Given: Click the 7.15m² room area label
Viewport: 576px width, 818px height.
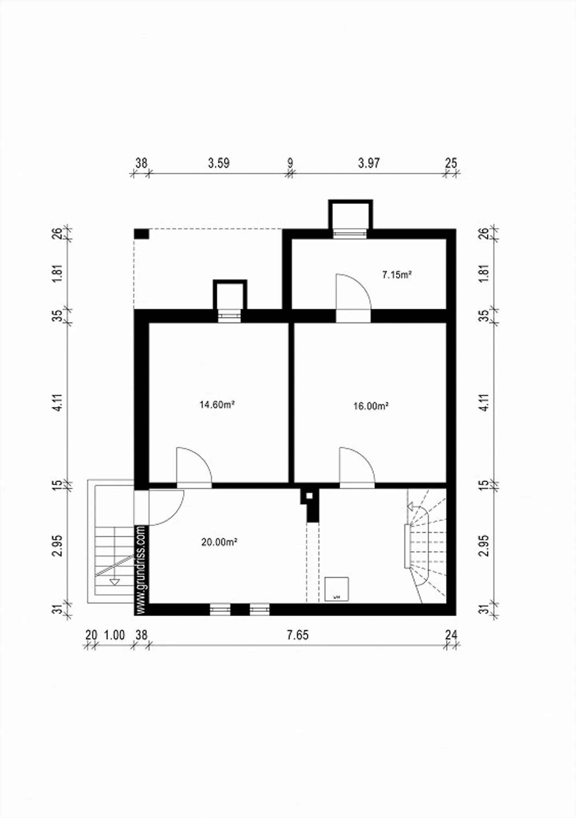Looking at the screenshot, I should click(x=397, y=275).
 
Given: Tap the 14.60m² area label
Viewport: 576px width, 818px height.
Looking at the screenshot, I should click(x=217, y=405).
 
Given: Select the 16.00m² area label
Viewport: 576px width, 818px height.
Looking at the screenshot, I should click(x=371, y=406).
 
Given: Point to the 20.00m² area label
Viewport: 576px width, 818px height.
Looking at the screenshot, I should click(x=219, y=542).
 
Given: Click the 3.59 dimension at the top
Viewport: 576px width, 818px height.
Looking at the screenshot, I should click(x=218, y=163).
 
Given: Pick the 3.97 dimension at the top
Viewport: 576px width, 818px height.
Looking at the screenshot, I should click(x=368, y=163).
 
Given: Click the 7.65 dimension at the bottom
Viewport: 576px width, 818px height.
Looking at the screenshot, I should click(x=298, y=635).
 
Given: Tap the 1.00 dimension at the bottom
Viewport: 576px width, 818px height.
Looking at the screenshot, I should click(x=114, y=635).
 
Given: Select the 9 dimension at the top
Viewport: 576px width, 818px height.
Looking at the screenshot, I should click(x=290, y=163).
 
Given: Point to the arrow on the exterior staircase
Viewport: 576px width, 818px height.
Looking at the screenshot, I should click(x=115, y=582).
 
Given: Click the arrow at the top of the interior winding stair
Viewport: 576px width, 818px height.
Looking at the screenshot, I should click(x=411, y=507).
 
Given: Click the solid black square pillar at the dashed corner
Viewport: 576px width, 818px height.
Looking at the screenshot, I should click(x=141, y=234).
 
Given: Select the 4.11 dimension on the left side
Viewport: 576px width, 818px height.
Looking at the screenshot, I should click(x=58, y=402).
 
